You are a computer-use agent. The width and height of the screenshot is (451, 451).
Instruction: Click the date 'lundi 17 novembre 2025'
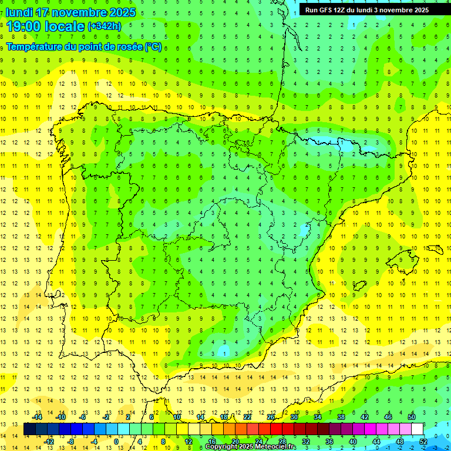pos(70,12)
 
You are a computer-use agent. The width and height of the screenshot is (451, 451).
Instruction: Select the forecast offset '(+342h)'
pos(105,26)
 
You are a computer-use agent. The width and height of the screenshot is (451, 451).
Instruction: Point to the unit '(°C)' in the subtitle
pos(153,47)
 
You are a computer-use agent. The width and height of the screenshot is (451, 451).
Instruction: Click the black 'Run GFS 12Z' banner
pos(366,10)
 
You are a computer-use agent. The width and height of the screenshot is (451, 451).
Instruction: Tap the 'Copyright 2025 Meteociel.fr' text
pos(251,447)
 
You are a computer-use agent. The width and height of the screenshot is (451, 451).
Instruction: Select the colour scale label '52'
pos(423,441)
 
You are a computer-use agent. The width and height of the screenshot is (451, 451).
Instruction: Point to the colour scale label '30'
pos(294,417)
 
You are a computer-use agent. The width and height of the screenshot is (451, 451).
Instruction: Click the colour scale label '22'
pos(247,417)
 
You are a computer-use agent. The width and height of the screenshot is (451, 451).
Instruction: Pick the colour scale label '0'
pos(116,441)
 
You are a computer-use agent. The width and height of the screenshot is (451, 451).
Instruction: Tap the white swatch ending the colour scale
pos(417,429)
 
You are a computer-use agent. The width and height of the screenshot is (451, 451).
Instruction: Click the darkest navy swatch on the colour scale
pos(29,429)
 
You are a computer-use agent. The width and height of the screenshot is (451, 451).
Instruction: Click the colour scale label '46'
pos(388,417)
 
